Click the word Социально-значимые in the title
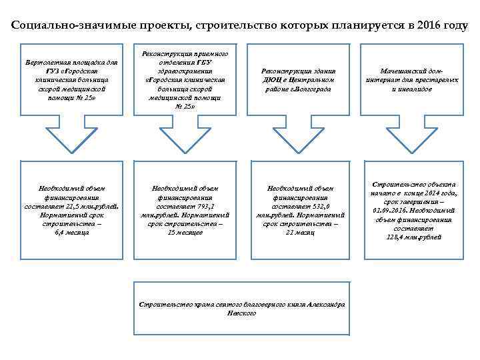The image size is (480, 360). (57, 26)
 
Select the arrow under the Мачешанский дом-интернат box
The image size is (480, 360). (412, 137)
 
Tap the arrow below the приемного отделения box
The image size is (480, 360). (185, 137)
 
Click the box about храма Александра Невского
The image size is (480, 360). (241, 308)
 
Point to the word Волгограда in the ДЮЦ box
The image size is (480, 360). (313, 89)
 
